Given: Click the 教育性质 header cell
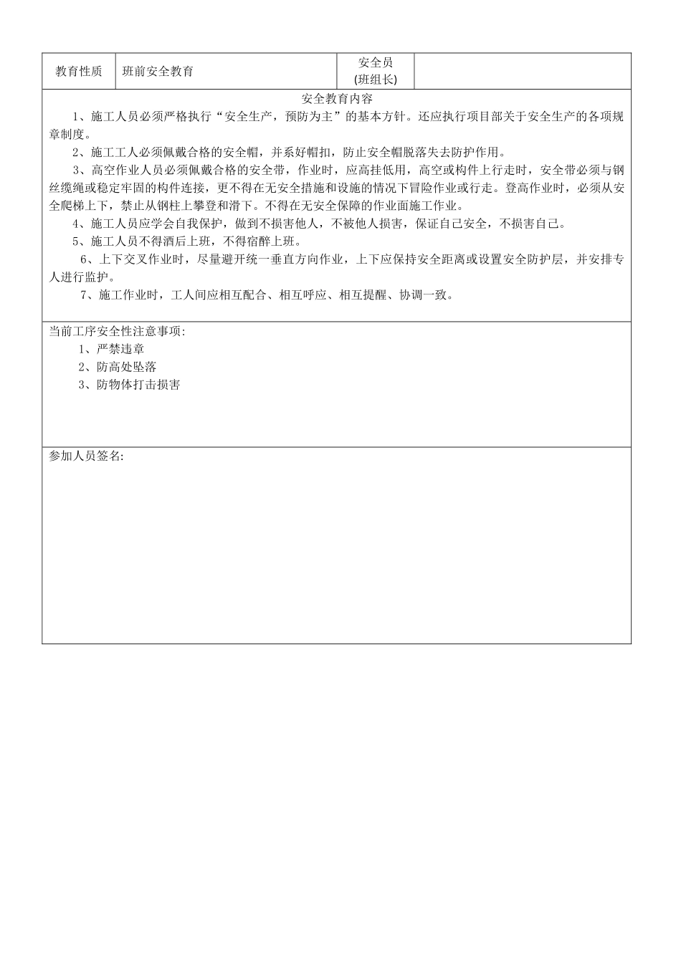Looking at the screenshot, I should [78, 72].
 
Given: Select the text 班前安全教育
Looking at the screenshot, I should [158, 72].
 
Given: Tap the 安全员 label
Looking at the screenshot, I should [376, 63].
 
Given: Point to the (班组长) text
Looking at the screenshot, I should [376, 80].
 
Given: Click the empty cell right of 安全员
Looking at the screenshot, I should [523, 72].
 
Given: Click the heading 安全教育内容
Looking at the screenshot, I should [338, 99].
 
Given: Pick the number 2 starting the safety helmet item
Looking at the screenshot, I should [76, 152].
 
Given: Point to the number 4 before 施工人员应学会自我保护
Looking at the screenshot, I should [76, 224].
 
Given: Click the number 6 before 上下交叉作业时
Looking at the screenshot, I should [83, 259].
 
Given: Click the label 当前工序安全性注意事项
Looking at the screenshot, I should [116, 331].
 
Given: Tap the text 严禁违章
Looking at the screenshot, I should [120, 349].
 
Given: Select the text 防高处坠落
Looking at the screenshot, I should [126, 367].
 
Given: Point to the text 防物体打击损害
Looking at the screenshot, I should [138, 385].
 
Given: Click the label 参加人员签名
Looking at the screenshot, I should [85, 456].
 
